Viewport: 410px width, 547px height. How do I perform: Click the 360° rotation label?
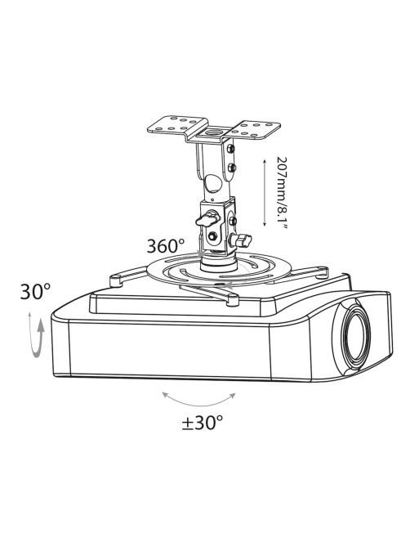(x=165, y=246)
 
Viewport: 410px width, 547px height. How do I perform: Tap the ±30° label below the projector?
(x=202, y=423)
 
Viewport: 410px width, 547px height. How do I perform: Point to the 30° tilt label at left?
(x=35, y=291)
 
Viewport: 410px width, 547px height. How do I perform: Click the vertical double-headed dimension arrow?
(x=265, y=193)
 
